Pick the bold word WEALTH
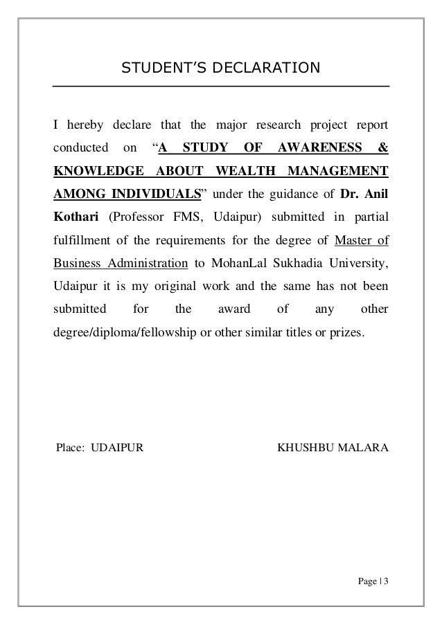(245, 170)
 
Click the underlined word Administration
(147, 264)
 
